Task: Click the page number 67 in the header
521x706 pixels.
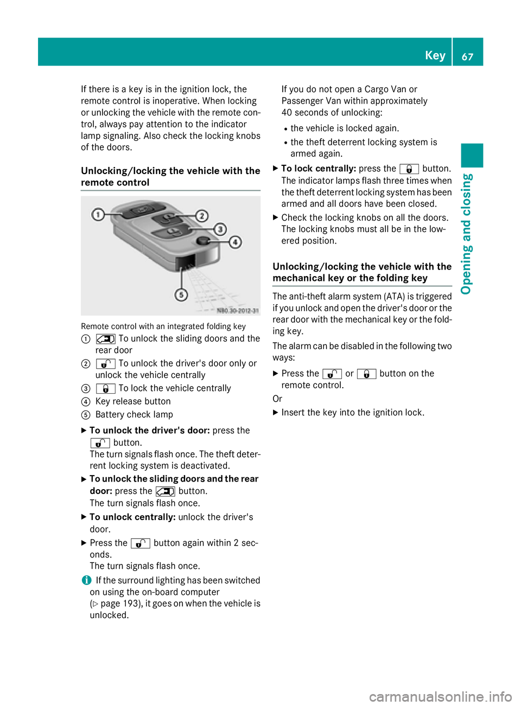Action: tap(467, 56)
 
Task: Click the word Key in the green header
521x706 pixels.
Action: tap(435, 55)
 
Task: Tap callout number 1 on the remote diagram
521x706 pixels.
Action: tap(98, 215)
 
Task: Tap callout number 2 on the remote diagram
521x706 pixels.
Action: tap(202, 216)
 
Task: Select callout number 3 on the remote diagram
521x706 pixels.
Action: tap(220, 229)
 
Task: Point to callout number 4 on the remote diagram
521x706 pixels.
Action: tap(235, 242)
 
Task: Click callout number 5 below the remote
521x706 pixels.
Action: tap(181, 294)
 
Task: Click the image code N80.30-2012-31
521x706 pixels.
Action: tap(238, 311)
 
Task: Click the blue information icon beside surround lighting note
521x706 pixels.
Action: tap(86, 580)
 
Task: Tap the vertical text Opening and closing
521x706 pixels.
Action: tap(466, 234)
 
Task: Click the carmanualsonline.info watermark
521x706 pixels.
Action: tap(440, 696)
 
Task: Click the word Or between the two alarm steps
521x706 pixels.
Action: tap(277, 399)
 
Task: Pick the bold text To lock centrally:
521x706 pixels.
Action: tap(319, 169)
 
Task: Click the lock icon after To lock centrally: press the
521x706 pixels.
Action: tap(409, 169)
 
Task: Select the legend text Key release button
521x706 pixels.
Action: tap(133, 401)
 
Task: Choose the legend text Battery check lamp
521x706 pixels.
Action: tap(134, 414)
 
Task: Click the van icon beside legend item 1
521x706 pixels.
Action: tap(105, 339)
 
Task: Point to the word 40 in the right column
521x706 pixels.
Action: tap(287, 112)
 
